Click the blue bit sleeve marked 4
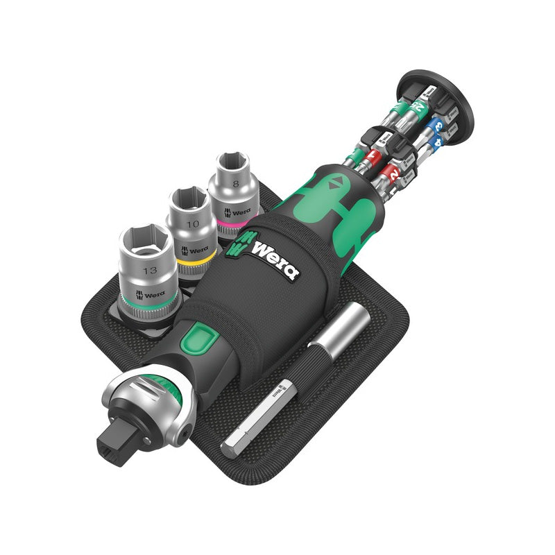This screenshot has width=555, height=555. point(436,143)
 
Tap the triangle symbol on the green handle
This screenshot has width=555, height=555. point(336,182)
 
